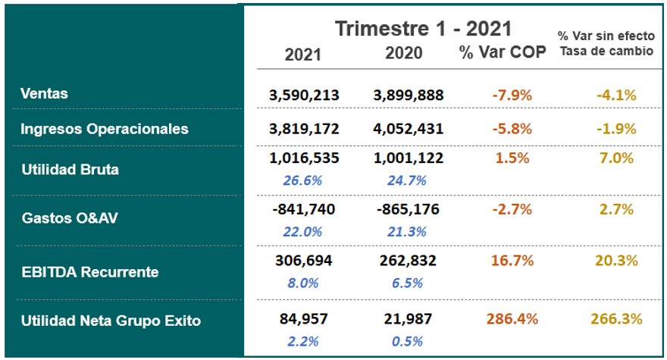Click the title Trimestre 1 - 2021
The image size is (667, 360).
pos(424,29)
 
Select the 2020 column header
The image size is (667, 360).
pos(404,54)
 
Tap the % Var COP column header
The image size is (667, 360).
pos(502,54)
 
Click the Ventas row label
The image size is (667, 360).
pos(44,94)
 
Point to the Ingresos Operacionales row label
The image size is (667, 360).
pos(105,129)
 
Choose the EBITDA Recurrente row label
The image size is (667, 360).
pos(89,271)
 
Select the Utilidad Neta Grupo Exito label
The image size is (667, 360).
pos(111,321)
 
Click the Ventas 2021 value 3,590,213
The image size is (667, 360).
pos(304,95)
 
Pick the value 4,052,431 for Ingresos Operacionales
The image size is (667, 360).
pos(409,130)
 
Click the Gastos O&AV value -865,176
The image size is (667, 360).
pos(409,210)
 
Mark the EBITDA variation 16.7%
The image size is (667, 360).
pos(512,261)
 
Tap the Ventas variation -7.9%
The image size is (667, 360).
pos(512,95)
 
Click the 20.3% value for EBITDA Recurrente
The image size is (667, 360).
pos(616,261)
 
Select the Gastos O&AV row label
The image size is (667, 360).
pos(70,218)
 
